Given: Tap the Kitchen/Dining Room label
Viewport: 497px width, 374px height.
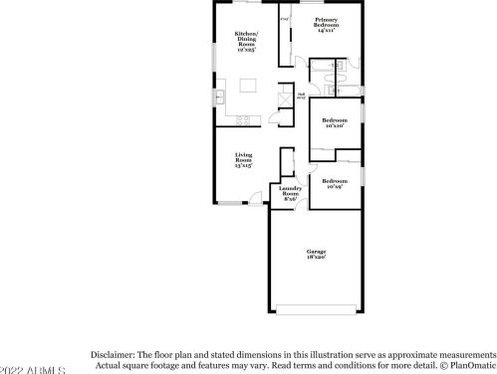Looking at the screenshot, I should pyautogui.click(x=246, y=39).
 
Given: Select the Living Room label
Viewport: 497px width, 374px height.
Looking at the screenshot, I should pyautogui.click(x=243, y=159).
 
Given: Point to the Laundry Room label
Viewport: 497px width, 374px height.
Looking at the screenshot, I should pyautogui.click(x=291, y=192).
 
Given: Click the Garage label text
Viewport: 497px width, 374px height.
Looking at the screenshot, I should pyautogui.click(x=316, y=251).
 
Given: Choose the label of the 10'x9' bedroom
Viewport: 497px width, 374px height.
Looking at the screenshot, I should pyautogui.click(x=331, y=183).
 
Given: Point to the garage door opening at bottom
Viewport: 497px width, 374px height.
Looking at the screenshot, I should pyautogui.click(x=316, y=305).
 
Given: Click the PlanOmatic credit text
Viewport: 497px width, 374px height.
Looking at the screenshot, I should pyautogui.click(x=467, y=367).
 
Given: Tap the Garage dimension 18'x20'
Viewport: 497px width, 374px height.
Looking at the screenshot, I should pyautogui.click(x=316, y=257).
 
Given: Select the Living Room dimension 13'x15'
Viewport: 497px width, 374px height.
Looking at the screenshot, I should pyautogui.click(x=243, y=166).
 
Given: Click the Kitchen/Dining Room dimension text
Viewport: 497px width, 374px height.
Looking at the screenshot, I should pyautogui.click(x=246, y=50).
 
